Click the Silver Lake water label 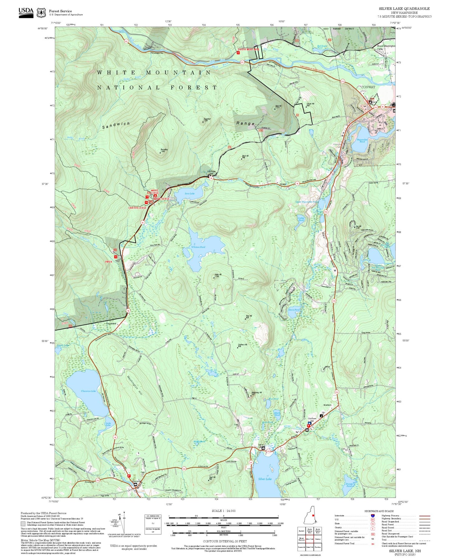(265, 479)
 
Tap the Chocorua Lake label (88, 391)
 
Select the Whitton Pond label (198, 247)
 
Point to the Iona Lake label (189, 193)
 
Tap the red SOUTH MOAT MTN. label (249, 49)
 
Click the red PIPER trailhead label (108, 262)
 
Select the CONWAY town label (368, 87)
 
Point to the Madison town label (327, 405)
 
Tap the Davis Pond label (294, 310)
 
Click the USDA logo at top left (26, 12)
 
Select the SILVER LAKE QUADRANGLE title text (404, 9)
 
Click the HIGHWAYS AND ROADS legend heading (379, 511)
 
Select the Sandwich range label (116, 125)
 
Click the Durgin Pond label (349, 485)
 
